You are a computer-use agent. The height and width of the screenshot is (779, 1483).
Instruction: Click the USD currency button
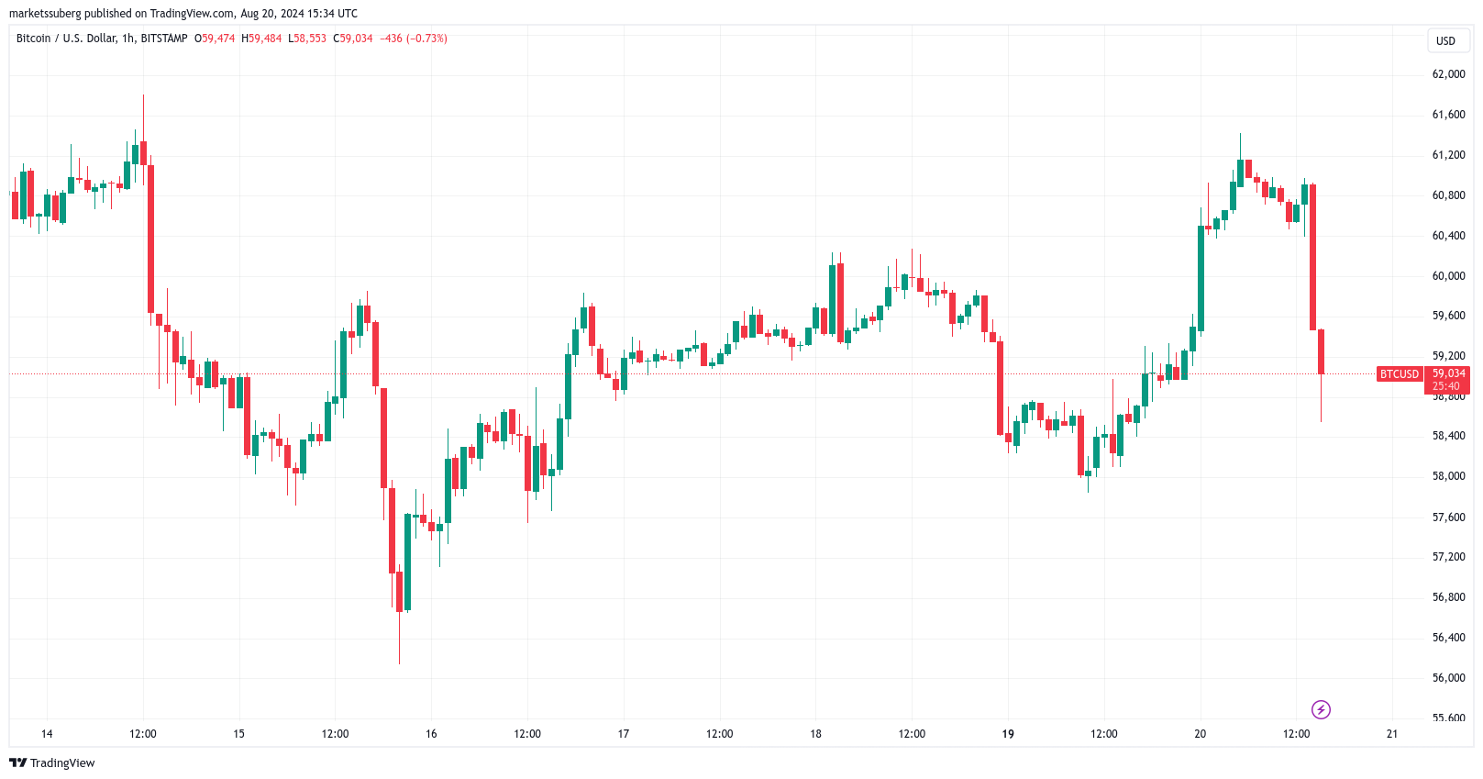1445,40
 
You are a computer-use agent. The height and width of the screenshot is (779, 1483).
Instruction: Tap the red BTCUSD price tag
1400,374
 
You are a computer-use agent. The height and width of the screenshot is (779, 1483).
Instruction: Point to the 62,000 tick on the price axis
1448,74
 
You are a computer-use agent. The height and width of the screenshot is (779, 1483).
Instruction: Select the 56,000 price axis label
1448,678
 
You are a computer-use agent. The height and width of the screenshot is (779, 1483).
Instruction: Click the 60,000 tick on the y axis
1448,276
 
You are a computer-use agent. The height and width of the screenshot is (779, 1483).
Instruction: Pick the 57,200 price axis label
1448,557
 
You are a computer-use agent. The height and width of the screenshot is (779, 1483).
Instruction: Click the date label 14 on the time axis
47,734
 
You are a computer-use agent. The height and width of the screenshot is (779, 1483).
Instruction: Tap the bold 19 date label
1008,734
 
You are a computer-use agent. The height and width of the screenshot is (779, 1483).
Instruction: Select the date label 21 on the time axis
1392,734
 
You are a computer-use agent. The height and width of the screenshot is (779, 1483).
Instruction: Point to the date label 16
431,734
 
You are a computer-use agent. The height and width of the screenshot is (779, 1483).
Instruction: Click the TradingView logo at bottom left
52,763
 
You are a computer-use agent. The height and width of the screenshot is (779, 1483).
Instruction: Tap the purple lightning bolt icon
1321,709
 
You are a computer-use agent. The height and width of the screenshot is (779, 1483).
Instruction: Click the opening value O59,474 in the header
215,39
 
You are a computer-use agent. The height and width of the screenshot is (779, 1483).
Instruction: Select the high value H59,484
261,39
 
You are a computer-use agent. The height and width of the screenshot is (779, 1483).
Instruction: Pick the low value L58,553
307,39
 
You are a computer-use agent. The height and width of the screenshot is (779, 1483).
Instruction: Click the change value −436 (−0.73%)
414,39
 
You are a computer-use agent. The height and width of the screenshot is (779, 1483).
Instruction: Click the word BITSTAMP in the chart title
164,39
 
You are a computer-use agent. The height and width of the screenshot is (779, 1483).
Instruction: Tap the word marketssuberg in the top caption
45,14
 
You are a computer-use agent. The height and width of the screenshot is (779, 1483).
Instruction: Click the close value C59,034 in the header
353,39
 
